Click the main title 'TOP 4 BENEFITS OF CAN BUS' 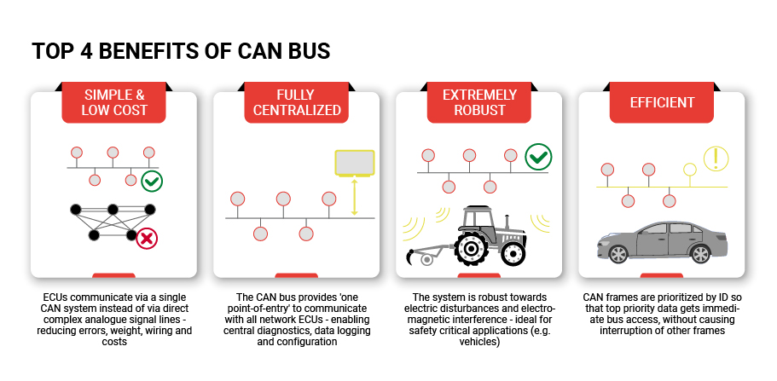pyautogui.click(x=181, y=51)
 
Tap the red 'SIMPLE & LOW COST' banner pyautogui.click(x=113, y=102)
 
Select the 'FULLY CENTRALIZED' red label pyautogui.click(x=296, y=102)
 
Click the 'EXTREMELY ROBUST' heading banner pyautogui.click(x=478, y=102)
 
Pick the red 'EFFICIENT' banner pyautogui.click(x=661, y=102)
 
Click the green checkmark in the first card pyautogui.click(x=152, y=181)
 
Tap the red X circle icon pyautogui.click(x=147, y=238)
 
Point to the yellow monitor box pyautogui.click(x=355, y=163)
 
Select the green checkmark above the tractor pyautogui.click(x=538, y=157)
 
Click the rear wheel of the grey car pyautogui.click(x=700, y=253)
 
